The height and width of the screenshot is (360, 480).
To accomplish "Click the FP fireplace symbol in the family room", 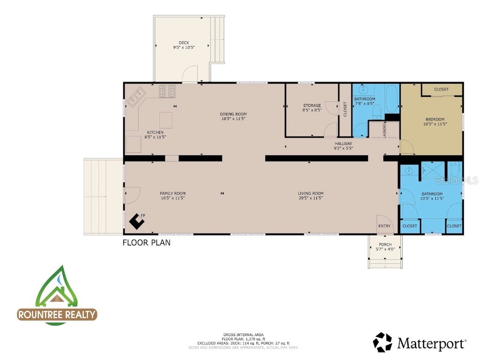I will pos(137,221).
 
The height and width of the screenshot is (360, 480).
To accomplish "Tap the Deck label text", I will pos(184,43).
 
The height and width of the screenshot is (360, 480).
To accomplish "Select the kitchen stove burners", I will pos(167,91).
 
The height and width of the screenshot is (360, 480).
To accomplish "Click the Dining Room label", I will pos(233,114).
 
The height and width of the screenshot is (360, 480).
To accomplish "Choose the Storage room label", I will pos(312,105).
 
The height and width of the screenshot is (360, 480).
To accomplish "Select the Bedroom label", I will pos(435,120).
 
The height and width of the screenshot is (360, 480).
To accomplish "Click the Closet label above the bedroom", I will pos(441,89).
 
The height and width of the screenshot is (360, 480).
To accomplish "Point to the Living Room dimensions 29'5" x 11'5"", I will pos(311,198).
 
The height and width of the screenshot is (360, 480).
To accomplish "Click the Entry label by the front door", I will pos(384,226).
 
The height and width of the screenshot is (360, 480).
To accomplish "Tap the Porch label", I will pos(385,245).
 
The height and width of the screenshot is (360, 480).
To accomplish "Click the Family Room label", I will pos(172,194).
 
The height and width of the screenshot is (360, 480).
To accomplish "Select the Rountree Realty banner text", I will pos(57,315).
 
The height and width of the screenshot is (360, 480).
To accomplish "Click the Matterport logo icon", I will pos(382,343).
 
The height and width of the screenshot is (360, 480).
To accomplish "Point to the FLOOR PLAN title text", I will pos(146,243).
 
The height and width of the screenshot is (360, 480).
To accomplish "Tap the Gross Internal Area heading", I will pos(243,335).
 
